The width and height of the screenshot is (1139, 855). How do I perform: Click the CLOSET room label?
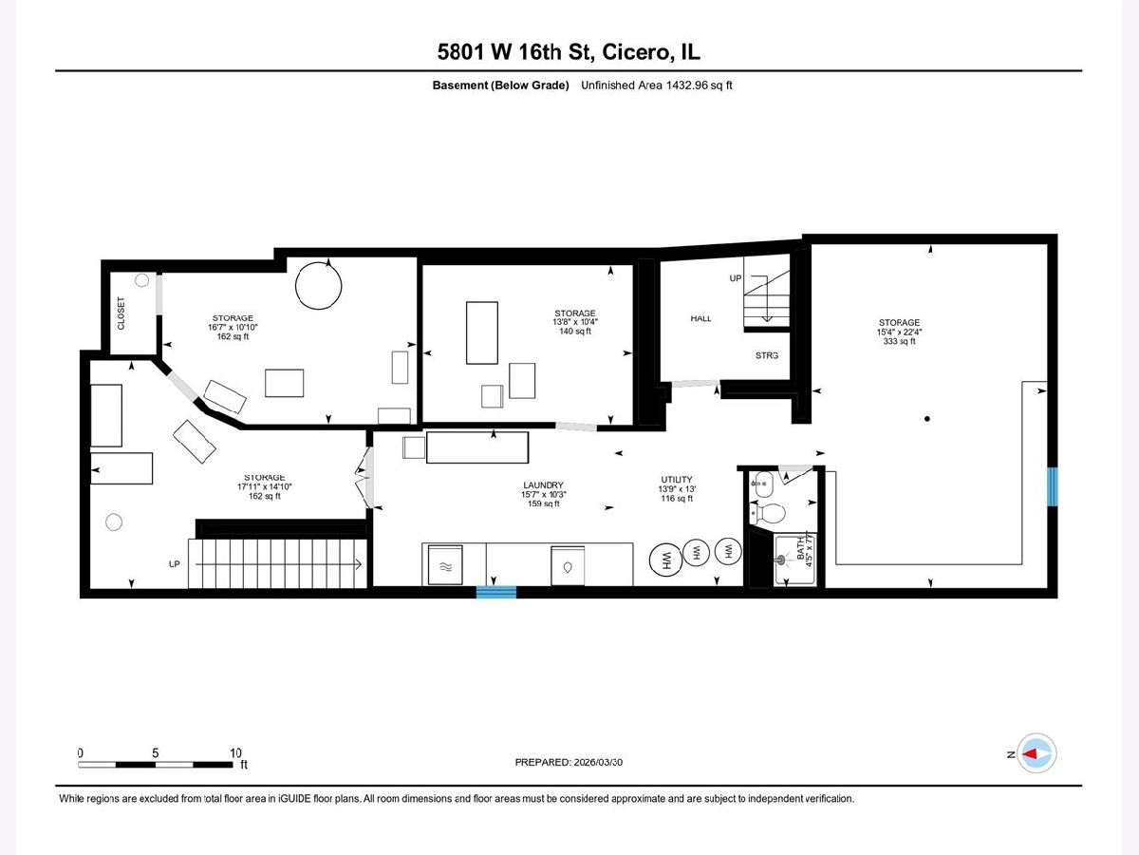click(x=121, y=313)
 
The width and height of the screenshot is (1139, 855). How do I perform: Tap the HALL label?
click(x=700, y=318)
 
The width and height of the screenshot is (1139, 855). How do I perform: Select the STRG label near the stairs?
click(x=766, y=355)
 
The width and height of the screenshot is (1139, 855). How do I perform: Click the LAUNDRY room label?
click(x=543, y=484)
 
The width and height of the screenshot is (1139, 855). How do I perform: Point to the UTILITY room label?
click(x=677, y=479)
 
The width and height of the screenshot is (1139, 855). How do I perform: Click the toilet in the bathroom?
click(x=768, y=513)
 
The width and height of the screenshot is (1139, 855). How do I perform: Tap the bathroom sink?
click(x=762, y=484)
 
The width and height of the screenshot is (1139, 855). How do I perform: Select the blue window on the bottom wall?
click(x=496, y=592)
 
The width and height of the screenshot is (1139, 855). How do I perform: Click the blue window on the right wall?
click(x=1053, y=486)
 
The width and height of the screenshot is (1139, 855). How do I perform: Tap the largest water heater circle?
click(x=665, y=560)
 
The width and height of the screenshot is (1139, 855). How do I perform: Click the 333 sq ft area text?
click(x=899, y=341)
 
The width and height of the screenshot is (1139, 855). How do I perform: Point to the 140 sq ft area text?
click(x=575, y=332)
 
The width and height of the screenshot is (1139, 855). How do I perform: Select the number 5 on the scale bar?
click(x=155, y=752)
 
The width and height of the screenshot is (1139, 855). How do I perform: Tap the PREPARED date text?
click(x=569, y=762)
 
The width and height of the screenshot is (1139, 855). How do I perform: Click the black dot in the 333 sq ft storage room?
click(x=927, y=418)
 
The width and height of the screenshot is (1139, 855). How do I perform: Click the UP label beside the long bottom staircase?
click(x=175, y=563)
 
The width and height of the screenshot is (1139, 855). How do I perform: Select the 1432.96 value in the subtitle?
click(x=686, y=85)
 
